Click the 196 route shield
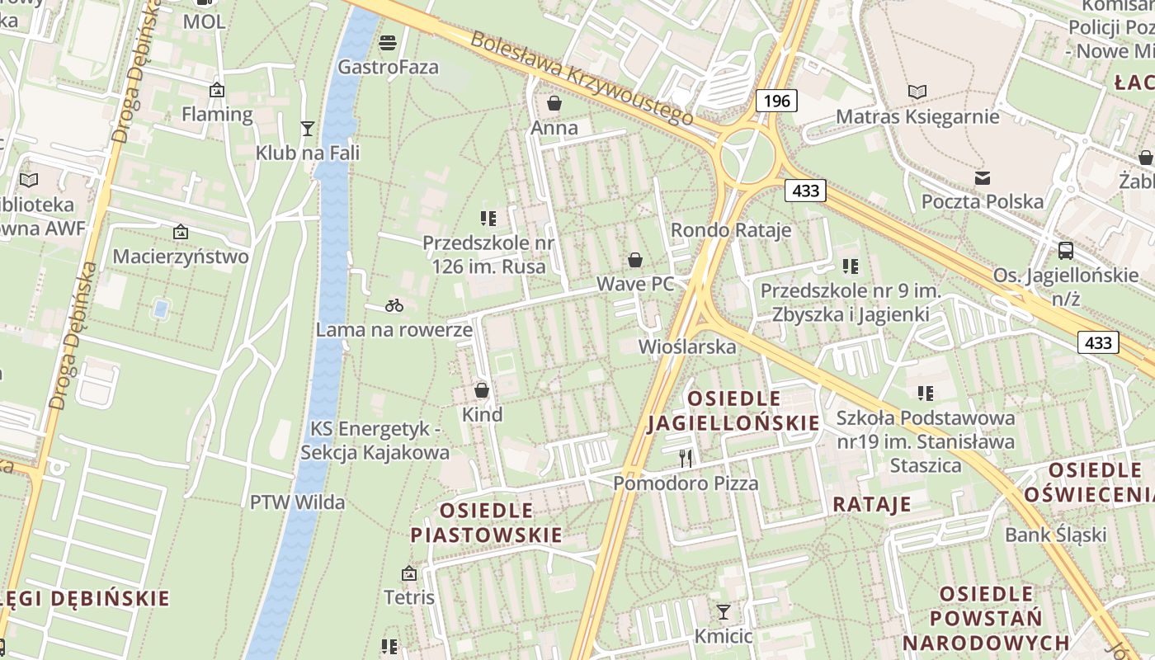click(776, 101)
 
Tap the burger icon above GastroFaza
click(388, 42)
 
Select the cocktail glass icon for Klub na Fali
click(308, 128)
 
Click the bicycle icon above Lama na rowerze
click(394, 305)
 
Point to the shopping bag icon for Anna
click(554, 103)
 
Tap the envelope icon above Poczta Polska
click(982, 177)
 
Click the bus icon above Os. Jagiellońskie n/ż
click(1066, 250)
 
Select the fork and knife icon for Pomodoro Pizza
click(686, 458)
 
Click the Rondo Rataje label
click(731, 230)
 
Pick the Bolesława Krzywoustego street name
click(582, 78)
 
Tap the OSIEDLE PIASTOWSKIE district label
click(487, 521)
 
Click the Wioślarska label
click(687, 346)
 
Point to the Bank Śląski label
click(1056, 535)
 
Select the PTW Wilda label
click(298, 502)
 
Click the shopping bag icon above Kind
click(482, 390)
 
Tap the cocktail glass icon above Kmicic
click(724, 611)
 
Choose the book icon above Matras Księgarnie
click(917, 92)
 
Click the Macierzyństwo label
click(181, 257)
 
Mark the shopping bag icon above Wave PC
click(635, 260)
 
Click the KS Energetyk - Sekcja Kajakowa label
click(375, 441)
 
